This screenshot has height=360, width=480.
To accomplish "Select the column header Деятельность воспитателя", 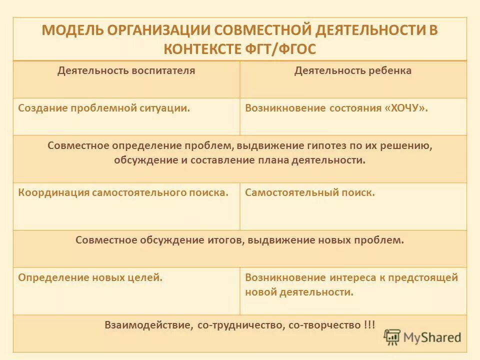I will point(126,70).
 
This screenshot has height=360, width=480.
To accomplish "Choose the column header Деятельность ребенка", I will point(353,70).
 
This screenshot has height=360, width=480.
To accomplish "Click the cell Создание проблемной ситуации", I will point(104,108).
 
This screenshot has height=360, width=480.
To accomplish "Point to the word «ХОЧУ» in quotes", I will point(407,108).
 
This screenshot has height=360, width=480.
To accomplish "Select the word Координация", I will point(54,192).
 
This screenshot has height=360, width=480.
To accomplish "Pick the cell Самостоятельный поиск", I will point(310,192).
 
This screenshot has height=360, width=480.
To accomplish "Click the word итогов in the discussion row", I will point(225,240).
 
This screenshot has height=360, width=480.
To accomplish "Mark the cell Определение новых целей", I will point(90,277).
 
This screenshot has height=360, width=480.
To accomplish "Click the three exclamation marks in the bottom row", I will point(370,325).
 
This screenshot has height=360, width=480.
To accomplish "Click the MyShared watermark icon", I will point(392,337).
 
